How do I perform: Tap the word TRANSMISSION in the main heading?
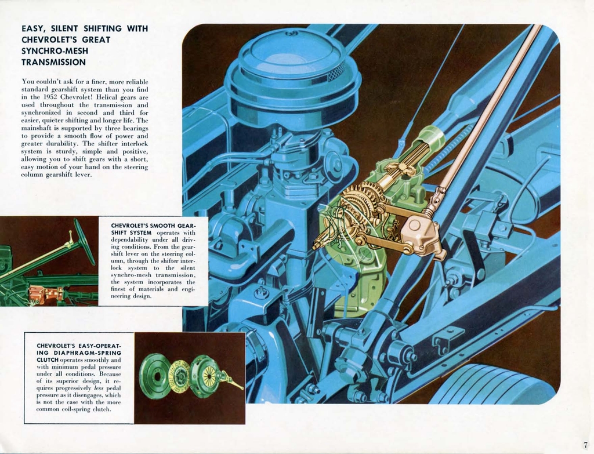(53, 62)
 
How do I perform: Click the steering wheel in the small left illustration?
(84, 241)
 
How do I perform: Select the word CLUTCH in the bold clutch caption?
(48, 360)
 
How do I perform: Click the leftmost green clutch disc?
(155, 376)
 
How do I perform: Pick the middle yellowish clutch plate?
(179, 376)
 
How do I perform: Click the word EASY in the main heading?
(33, 28)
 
